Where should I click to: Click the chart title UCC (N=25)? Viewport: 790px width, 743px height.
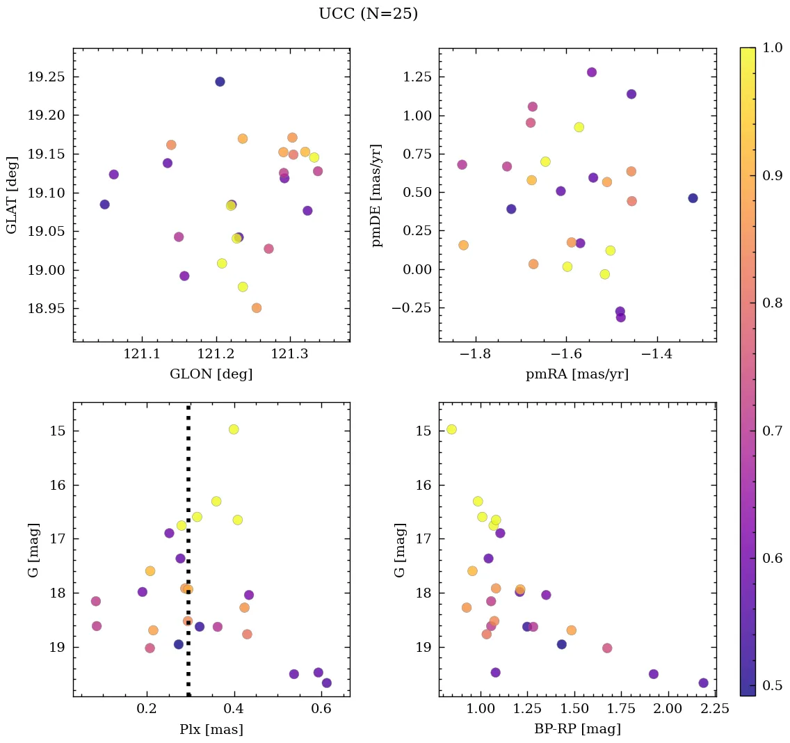(x=368, y=14)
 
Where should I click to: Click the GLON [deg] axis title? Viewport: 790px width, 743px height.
(x=211, y=374)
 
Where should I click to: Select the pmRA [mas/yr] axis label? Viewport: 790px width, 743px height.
(x=577, y=374)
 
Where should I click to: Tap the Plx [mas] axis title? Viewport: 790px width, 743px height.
(x=211, y=729)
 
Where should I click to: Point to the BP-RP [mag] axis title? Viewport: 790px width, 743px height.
(x=577, y=729)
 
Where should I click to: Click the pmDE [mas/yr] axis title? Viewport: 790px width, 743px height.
(x=378, y=195)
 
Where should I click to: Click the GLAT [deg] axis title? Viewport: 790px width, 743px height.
(x=12, y=195)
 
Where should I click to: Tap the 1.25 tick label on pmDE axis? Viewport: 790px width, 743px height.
(x=415, y=77)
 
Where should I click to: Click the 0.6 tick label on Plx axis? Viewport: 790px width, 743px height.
(x=321, y=710)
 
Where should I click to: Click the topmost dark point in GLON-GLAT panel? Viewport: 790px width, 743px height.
(x=220, y=81)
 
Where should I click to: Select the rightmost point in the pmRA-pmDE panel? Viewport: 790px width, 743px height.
(x=693, y=198)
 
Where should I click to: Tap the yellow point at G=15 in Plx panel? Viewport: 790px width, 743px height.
(x=234, y=429)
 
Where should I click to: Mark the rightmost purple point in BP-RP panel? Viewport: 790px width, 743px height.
(x=703, y=683)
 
